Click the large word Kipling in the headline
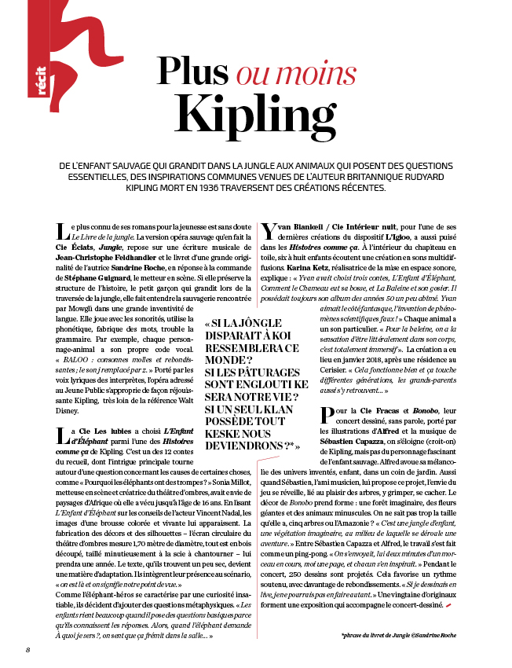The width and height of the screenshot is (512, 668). click(x=257, y=112)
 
